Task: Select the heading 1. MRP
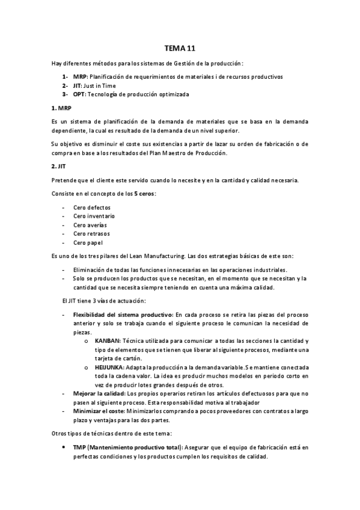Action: click(x=61, y=108)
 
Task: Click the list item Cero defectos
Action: click(x=91, y=206)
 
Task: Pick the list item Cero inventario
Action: click(x=94, y=215)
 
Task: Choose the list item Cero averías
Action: click(x=90, y=224)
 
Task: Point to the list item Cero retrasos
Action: click(x=91, y=233)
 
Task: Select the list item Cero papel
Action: click(x=88, y=242)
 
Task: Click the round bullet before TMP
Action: click(x=64, y=448)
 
